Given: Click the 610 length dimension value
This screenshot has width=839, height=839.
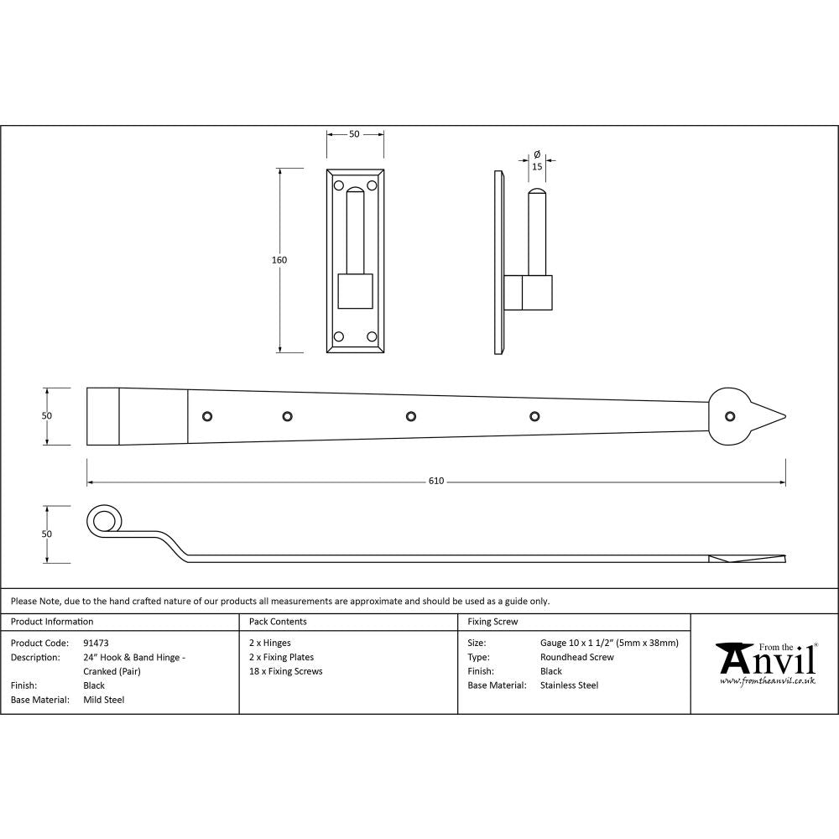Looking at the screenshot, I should tap(436, 482).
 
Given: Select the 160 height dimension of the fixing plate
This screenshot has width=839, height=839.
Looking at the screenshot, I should tap(279, 260).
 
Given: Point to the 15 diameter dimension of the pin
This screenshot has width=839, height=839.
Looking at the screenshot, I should tap(537, 167).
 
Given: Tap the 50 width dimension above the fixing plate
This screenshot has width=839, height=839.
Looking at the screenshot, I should tap(354, 134).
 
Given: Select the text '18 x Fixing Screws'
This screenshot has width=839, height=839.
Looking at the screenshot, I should tap(285, 671).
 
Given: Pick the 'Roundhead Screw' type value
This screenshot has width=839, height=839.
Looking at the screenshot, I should tap(577, 657).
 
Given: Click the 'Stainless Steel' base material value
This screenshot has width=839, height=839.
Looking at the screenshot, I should tap(570, 685).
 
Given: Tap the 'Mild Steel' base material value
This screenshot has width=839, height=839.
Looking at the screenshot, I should tap(103, 700).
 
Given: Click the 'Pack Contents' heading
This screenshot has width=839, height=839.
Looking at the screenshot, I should tap(278, 622).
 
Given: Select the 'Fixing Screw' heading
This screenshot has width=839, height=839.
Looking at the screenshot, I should tap(492, 622).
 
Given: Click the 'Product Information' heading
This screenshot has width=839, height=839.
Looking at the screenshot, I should tap(52, 622).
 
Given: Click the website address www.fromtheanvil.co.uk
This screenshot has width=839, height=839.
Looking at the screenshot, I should tap(768, 682).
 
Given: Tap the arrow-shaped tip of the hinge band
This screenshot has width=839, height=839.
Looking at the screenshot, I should tap(772, 416).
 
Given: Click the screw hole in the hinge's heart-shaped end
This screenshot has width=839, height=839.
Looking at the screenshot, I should tap(729, 416).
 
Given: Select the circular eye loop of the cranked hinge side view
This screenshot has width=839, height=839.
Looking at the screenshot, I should tap(103, 521).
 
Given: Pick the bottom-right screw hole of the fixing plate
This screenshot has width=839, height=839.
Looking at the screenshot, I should tap(370, 336).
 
